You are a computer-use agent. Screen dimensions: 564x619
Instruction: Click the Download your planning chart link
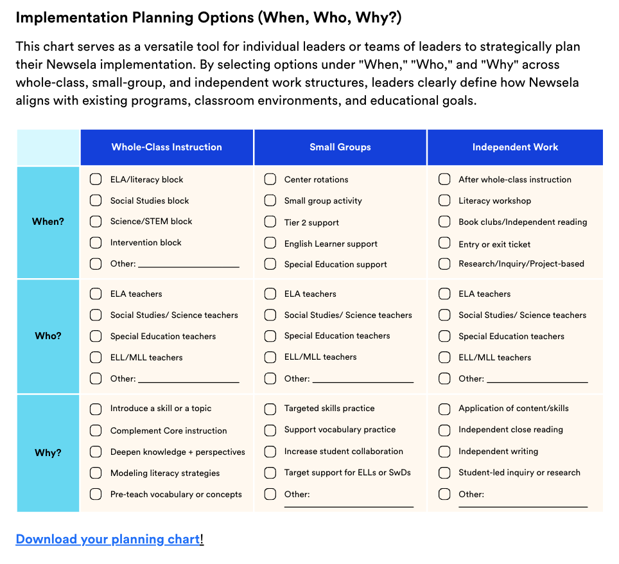tap(108, 539)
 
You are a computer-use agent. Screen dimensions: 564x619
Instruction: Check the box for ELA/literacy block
tap(96, 179)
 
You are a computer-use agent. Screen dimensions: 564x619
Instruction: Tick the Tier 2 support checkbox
tap(270, 222)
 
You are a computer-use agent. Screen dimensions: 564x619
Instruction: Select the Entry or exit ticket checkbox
tap(444, 243)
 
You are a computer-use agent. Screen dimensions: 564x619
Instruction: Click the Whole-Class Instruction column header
tap(166, 147)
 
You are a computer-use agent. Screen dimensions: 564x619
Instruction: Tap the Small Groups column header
tap(340, 147)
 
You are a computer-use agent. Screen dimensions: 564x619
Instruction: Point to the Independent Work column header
tap(515, 147)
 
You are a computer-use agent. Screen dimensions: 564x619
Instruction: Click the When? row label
tap(48, 222)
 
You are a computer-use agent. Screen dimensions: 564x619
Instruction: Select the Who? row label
tap(48, 336)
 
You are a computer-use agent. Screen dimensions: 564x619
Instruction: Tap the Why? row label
tap(48, 453)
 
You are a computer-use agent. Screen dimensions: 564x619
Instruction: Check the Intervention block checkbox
tap(96, 242)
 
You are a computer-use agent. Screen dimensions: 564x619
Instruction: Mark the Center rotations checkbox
tap(270, 179)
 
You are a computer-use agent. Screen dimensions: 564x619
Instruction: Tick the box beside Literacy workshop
tap(444, 200)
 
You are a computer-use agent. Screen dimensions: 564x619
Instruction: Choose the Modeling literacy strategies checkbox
tap(96, 473)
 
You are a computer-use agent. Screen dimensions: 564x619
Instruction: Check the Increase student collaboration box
tap(270, 452)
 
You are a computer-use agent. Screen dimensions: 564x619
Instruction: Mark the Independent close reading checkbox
tap(444, 429)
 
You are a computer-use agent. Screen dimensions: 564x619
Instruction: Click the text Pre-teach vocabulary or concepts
tap(176, 495)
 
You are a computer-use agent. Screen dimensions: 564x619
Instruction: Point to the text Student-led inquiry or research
tap(519, 473)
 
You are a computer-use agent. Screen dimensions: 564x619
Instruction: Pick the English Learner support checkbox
tap(270, 243)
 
